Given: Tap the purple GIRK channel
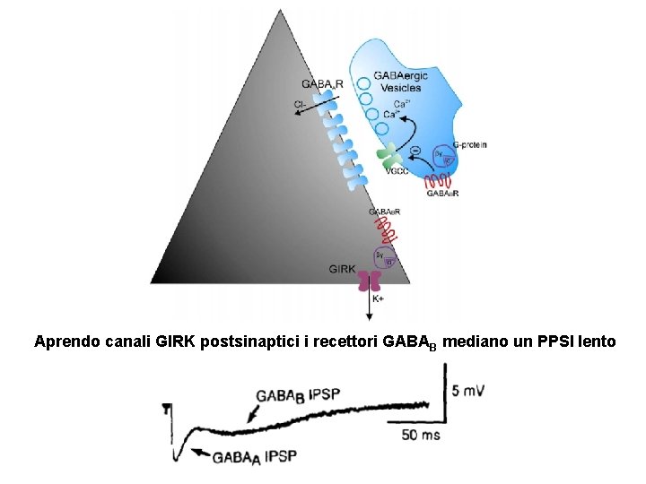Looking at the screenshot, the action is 370,281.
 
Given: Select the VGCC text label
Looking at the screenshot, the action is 397,172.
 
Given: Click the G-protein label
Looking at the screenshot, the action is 469,144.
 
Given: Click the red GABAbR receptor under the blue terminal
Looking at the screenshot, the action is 437,180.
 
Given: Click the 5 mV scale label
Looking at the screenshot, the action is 470,391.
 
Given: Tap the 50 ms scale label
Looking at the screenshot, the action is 420,435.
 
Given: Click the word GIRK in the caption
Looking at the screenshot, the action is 175,341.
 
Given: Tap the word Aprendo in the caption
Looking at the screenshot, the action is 63,341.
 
